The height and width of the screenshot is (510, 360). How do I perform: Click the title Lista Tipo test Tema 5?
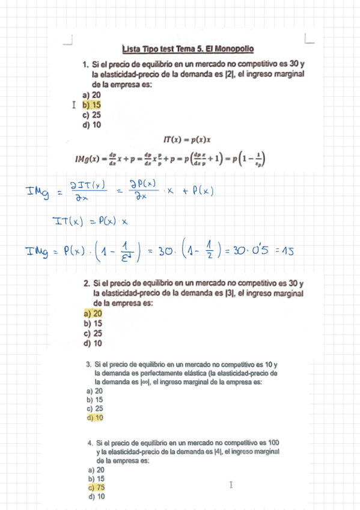pyautogui.click(x=188, y=49)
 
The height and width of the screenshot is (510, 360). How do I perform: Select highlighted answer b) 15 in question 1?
pyautogui.click(x=91, y=105)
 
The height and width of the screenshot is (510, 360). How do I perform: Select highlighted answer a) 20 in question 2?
pyautogui.click(x=93, y=313)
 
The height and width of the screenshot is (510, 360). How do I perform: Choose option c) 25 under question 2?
pyautogui.click(x=93, y=333)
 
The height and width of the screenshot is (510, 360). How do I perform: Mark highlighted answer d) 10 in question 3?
pyautogui.click(x=95, y=417)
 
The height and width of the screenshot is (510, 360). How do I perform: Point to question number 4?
pyautogui.click(x=90, y=443)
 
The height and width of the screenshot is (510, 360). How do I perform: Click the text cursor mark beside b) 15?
pyautogui.click(x=73, y=105)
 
